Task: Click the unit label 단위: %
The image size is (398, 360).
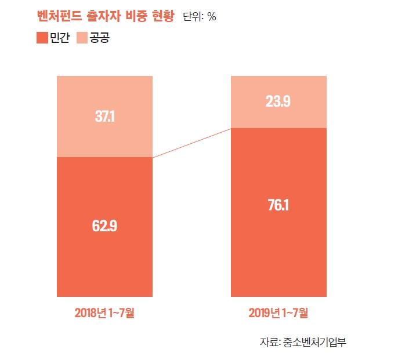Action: (x=200, y=17)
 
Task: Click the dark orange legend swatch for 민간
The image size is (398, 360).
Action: (x=42, y=38)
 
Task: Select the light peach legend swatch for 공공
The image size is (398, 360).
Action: (x=81, y=38)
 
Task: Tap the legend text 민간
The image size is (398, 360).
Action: (x=60, y=38)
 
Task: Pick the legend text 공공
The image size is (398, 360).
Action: (x=99, y=38)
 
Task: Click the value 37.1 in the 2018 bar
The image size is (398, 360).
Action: (x=104, y=117)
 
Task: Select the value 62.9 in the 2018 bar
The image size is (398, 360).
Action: (x=104, y=226)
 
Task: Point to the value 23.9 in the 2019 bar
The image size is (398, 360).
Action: (x=278, y=102)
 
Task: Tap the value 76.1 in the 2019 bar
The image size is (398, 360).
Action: (x=278, y=205)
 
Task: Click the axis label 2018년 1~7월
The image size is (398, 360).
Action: (x=104, y=313)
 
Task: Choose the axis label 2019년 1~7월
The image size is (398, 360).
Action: (x=278, y=313)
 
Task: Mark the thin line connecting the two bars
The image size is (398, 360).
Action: (x=191, y=143)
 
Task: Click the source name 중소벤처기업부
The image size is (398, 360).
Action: (x=315, y=341)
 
